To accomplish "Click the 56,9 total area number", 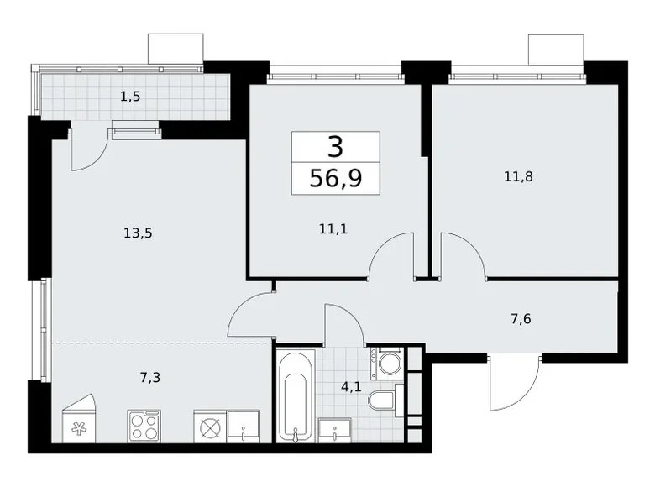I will (x=335, y=178).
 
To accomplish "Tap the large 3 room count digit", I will (x=335, y=148).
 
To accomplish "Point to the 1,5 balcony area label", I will (x=129, y=97).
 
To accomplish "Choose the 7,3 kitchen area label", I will (x=150, y=377).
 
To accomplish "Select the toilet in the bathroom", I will (x=383, y=401).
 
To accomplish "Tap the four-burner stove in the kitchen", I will (x=144, y=426).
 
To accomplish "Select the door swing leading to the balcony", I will (x=88, y=147).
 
